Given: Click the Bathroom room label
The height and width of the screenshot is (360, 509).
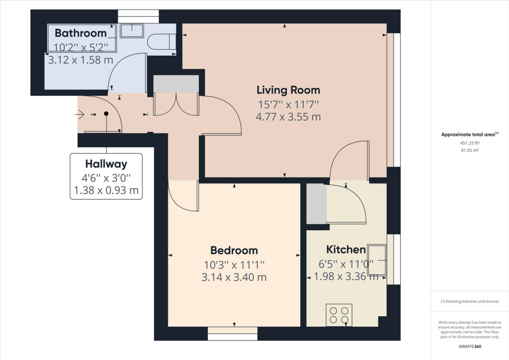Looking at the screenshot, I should [x=81, y=33].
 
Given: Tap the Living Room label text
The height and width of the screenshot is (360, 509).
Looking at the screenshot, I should [x=288, y=90].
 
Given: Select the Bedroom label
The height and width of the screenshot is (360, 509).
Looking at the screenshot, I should [x=234, y=250].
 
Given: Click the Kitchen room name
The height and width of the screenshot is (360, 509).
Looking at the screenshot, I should [x=346, y=250].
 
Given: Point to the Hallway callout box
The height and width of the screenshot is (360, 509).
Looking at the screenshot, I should [x=106, y=177].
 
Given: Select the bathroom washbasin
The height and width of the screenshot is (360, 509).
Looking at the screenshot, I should [x=131, y=31].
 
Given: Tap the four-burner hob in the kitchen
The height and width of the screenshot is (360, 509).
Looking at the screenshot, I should [x=339, y=315].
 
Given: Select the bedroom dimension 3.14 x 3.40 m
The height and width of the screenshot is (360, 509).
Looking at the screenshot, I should [x=234, y=277].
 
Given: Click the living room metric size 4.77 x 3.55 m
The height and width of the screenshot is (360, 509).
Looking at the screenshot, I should [x=288, y=117].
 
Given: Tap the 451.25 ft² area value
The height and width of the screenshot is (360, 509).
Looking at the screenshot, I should [x=470, y=143].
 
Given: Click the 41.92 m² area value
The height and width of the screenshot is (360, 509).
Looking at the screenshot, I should [x=470, y=150].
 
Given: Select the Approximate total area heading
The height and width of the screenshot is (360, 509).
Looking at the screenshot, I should [x=470, y=134].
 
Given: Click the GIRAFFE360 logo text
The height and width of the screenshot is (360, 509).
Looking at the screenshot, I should [x=470, y=347].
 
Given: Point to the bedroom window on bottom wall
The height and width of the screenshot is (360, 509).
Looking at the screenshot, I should [x=233, y=337].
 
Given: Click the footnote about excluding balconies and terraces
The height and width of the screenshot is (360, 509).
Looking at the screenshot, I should [x=470, y=301].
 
